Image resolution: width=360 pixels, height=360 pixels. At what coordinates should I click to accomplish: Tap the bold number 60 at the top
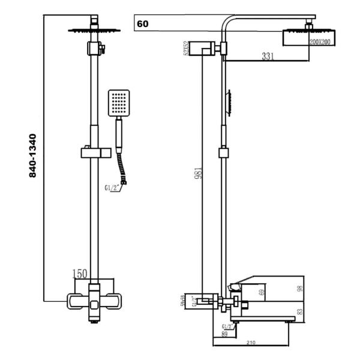143,25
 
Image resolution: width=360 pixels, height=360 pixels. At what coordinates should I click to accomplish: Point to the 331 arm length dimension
269,56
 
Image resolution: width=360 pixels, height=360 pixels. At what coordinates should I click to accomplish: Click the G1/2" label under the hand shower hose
113,188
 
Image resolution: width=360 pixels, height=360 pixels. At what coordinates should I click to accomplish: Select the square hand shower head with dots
119,103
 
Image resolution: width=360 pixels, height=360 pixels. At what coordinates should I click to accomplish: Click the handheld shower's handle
119,133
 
